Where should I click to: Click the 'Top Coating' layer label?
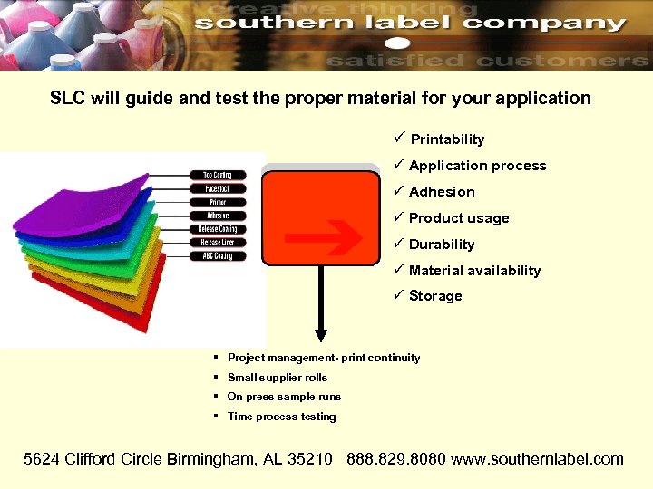(217, 175)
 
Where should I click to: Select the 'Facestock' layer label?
(217, 188)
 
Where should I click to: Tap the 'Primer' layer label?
(217, 202)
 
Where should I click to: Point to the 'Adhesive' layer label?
(217, 216)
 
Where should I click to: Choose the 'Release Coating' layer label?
(217, 229)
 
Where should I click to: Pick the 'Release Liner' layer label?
(217, 243)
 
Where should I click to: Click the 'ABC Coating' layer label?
(217, 256)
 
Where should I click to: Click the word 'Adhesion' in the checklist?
(442, 192)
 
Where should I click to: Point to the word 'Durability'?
(442, 244)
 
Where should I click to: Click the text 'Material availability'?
(474, 271)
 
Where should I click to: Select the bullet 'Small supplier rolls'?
(278, 378)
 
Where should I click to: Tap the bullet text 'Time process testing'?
(281, 417)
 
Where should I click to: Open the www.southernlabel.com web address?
(537, 459)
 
